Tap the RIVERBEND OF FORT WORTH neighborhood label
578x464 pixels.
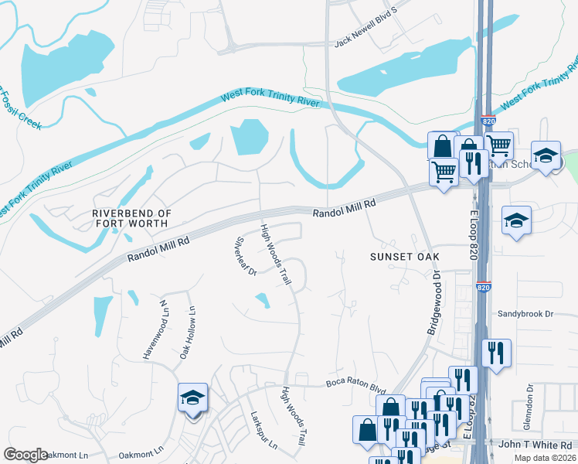[130, 217]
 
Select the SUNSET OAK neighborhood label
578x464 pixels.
[404, 256]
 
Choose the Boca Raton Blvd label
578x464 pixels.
[355, 382]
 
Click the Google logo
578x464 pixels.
[25, 455]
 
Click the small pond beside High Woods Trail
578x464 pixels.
[263, 300]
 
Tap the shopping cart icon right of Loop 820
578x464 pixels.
[499, 145]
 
